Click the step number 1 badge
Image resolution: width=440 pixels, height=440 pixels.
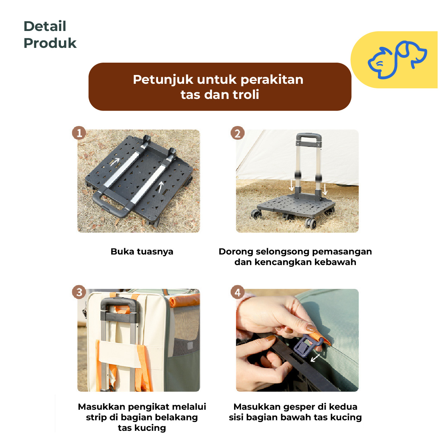coord(79,133)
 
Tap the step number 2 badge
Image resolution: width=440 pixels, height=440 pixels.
coord(238,133)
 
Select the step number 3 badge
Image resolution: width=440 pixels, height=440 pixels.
coord(79,292)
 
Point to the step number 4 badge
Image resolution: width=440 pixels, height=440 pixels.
coord(238,292)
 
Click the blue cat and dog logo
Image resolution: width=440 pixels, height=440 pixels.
coord(397,60)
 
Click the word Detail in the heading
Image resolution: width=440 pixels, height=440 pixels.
coord(45,26)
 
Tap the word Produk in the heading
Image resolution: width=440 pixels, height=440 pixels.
coord(50,43)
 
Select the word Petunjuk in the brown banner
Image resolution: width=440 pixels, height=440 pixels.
coord(163,80)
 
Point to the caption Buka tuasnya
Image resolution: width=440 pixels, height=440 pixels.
coord(142,252)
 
